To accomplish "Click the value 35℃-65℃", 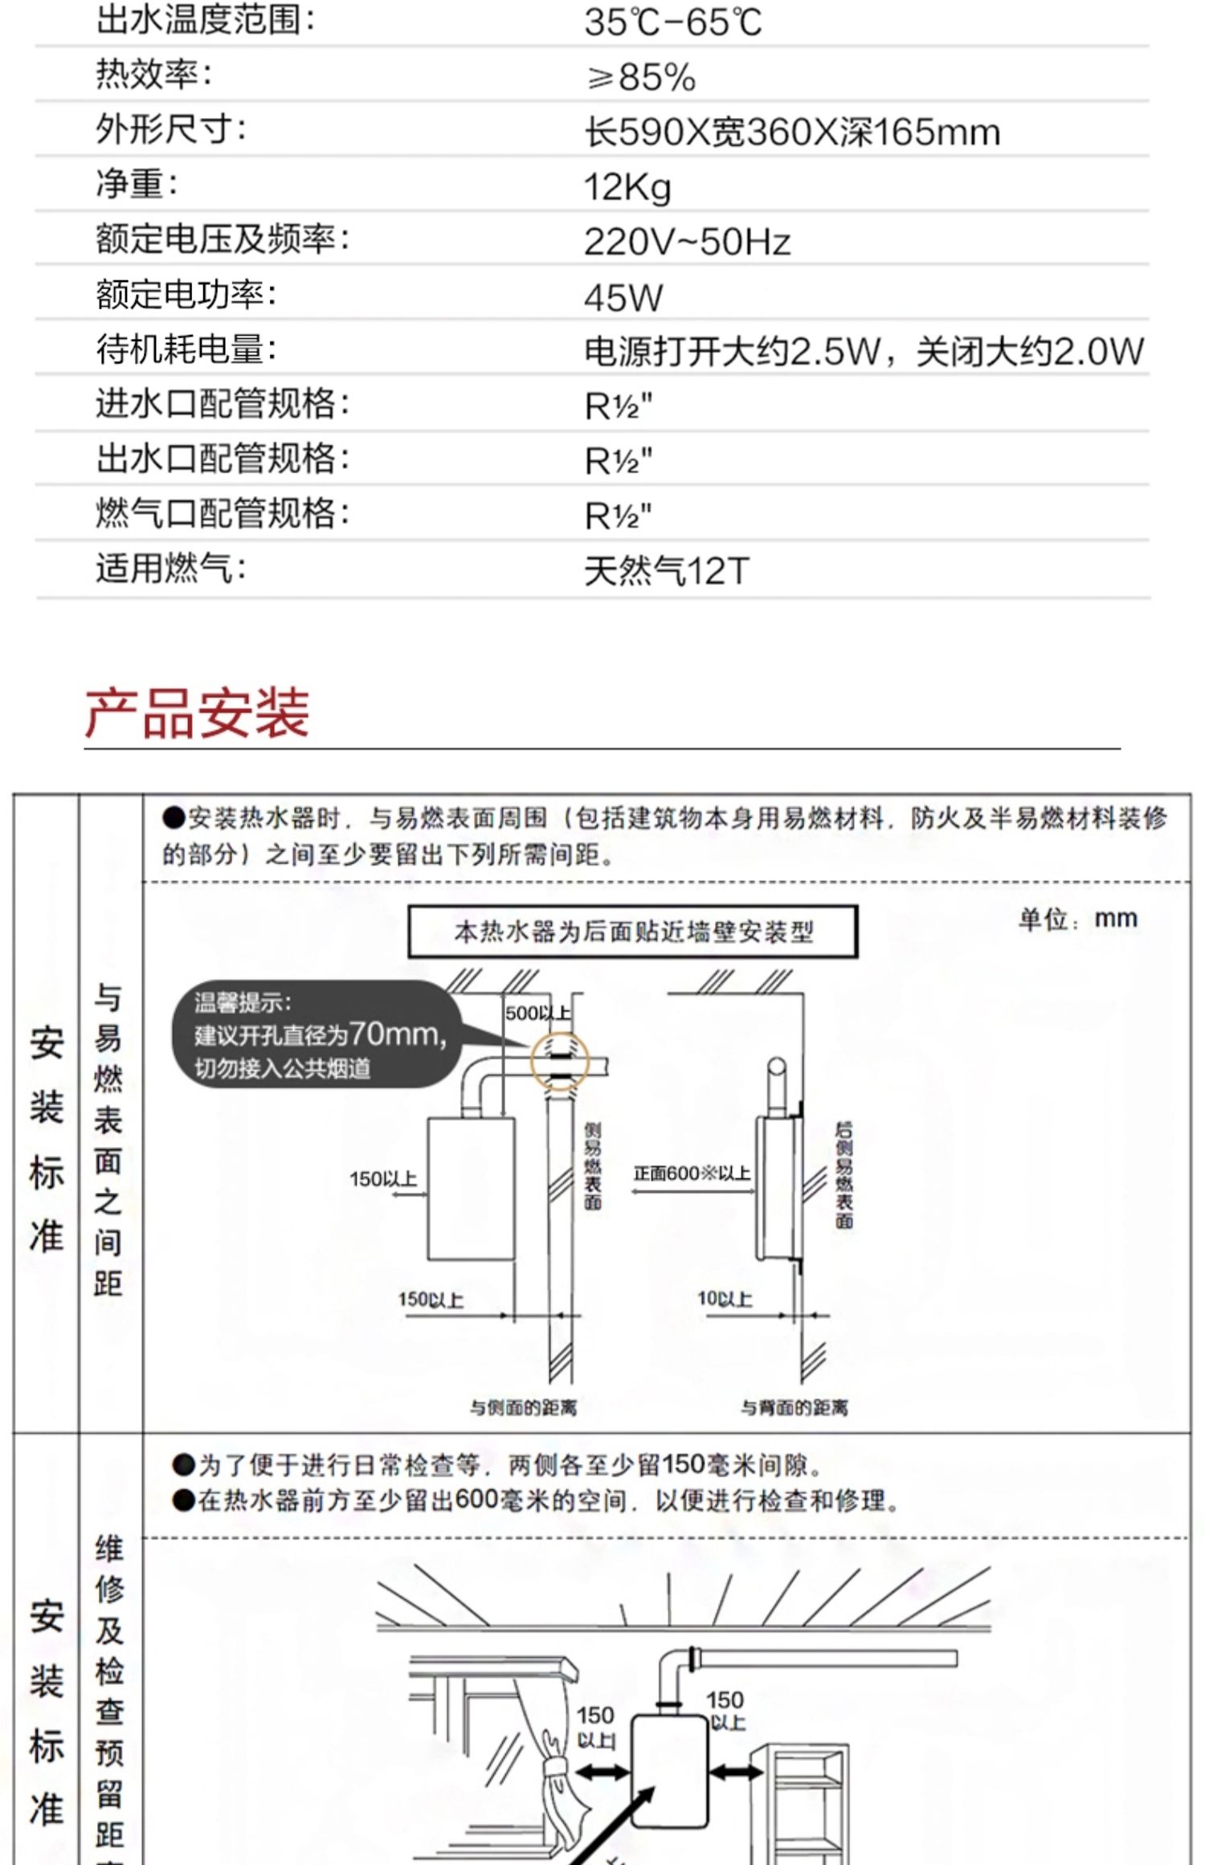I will click(x=672, y=22).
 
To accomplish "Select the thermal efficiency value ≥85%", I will click(x=640, y=78).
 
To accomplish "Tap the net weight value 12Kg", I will click(x=627, y=187).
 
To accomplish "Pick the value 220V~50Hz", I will click(x=687, y=242).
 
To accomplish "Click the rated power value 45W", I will click(x=623, y=298).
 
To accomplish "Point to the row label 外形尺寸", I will click(x=170, y=129).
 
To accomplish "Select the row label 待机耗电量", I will click(x=186, y=349).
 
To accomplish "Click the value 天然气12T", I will click(x=666, y=571).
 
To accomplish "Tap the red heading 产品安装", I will click(x=197, y=712).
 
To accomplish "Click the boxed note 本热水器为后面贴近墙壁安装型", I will click(x=633, y=932).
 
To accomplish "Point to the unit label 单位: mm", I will click(x=1077, y=918).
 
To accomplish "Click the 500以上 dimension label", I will click(x=537, y=1013).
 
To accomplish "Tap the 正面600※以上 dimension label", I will click(x=691, y=1173).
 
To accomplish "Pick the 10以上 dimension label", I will click(x=724, y=1299).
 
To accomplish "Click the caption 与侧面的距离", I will click(x=523, y=1407).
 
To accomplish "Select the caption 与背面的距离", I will click(x=794, y=1407).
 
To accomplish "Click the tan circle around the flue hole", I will click(x=560, y=1063).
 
